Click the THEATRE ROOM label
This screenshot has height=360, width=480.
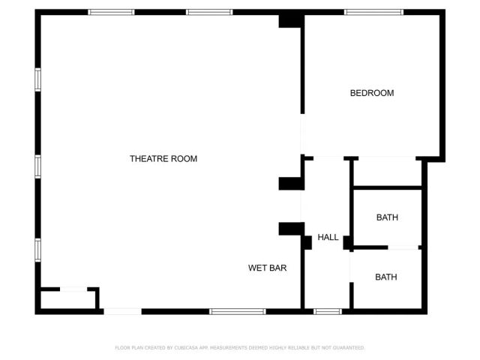[163, 158]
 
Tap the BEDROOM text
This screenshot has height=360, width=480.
[372, 93]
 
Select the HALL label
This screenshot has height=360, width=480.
[328, 237]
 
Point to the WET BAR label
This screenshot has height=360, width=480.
[267, 268]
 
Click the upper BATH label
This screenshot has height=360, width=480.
[387, 217]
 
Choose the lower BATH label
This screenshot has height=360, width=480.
[385, 277]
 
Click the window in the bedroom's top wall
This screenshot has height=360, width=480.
[373, 12]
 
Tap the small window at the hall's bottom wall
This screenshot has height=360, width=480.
[327, 311]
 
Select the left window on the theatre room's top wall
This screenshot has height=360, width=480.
[111, 12]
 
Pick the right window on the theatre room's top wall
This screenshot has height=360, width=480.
[209, 12]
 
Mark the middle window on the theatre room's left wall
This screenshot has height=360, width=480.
[37, 166]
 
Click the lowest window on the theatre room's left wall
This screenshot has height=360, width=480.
[37, 250]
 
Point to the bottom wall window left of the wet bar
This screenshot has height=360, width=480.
[237, 311]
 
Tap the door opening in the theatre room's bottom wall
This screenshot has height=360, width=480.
[122, 311]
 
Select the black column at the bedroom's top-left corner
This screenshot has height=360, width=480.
[290, 20]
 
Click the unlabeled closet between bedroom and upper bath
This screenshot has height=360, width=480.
[387, 172]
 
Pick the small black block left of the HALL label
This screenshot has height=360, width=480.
[307, 242]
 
